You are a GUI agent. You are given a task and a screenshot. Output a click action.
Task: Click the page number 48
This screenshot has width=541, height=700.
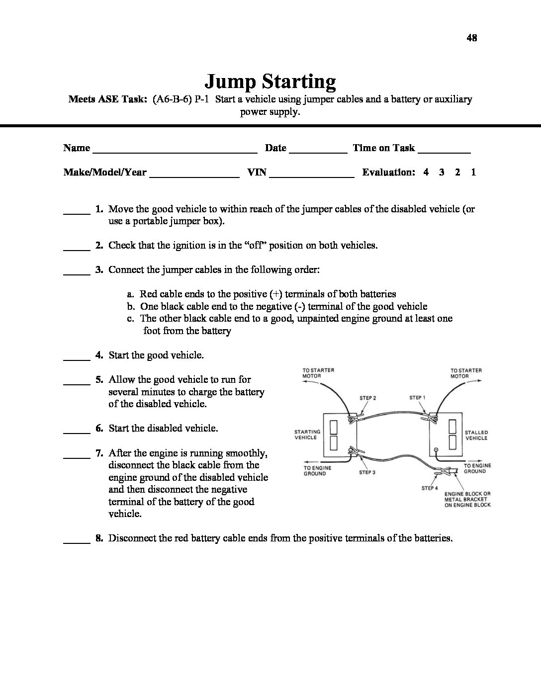[x=472, y=38]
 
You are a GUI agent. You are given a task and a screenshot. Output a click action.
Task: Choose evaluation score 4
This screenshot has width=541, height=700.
[x=426, y=173]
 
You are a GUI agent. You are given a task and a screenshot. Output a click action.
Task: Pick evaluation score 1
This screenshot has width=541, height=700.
[x=473, y=173]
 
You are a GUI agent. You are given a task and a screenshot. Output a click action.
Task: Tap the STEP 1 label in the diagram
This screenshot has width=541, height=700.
[x=417, y=398]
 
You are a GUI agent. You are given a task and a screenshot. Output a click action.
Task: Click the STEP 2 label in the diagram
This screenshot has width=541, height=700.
[x=367, y=398]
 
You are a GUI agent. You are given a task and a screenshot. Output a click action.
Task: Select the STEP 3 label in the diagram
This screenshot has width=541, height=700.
[x=367, y=472]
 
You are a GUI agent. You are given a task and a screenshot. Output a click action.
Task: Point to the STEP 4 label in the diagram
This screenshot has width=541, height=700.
[x=430, y=488]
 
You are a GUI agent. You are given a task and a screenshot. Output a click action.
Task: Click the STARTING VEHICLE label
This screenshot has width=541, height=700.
[x=307, y=435]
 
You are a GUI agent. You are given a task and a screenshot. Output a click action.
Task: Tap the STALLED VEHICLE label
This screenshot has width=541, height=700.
[x=476, y=436]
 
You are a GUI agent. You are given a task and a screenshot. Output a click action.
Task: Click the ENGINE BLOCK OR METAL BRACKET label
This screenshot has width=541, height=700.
[x=467, y=499]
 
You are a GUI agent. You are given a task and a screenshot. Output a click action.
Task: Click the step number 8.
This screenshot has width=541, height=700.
[x=99, y=538]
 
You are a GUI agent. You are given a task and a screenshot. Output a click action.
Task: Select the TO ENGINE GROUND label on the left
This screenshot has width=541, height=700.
[x=318, y=471]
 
